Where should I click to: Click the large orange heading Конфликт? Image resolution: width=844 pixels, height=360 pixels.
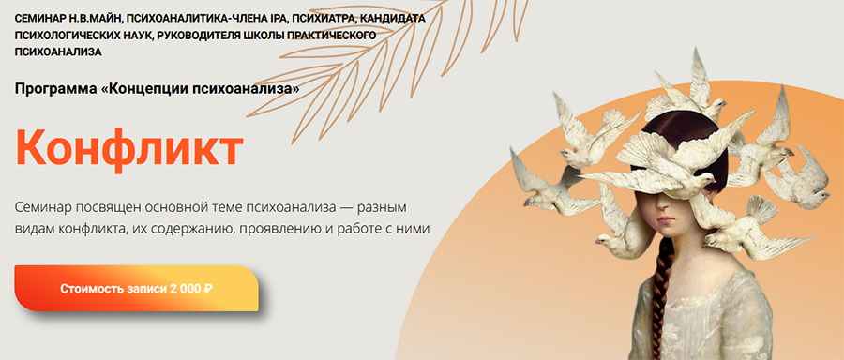[x=128, y=148]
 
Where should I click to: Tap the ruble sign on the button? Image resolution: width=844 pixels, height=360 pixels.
[x=207, y=289]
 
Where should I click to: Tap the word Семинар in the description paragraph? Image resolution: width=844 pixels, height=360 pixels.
[x=49, y=205]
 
